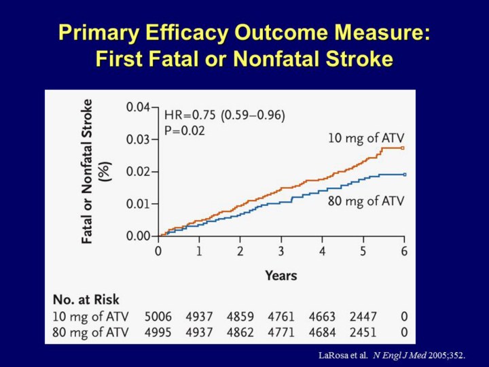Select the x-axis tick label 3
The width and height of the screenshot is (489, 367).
tap(281, 250)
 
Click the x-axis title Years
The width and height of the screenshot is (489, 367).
tap(280, 275)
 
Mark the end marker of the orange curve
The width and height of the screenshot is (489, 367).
tap(403, 147)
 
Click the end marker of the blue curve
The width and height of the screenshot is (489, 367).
tap(403, 175)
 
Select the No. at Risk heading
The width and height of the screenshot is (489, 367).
tap(86, 300)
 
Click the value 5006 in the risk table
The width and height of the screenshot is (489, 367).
tap(158, 316)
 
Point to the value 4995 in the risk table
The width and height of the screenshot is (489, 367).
tap(158, 332)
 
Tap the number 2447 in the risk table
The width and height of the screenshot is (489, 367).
tap(363, 316)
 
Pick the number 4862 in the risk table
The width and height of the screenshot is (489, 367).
tap(240, 332)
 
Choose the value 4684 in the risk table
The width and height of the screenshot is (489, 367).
tap(322, 332)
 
